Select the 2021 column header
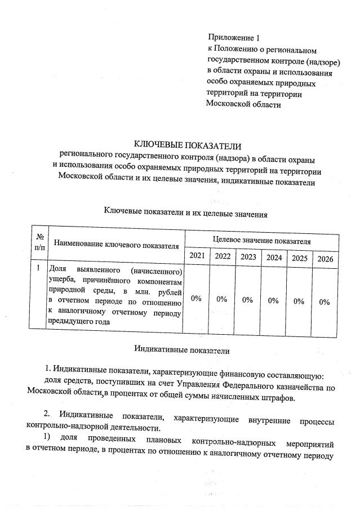click(x=197, y=256)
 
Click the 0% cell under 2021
click(x=197, y=299)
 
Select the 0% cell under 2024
click(x=274, y=300)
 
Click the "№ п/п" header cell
click(x=39, y=243)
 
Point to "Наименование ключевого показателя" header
click(x=116, y=245)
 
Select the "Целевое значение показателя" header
click(x=261, y=241)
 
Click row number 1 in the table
click(x=38, y=269)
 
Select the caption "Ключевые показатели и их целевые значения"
click(x=185, y=213)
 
